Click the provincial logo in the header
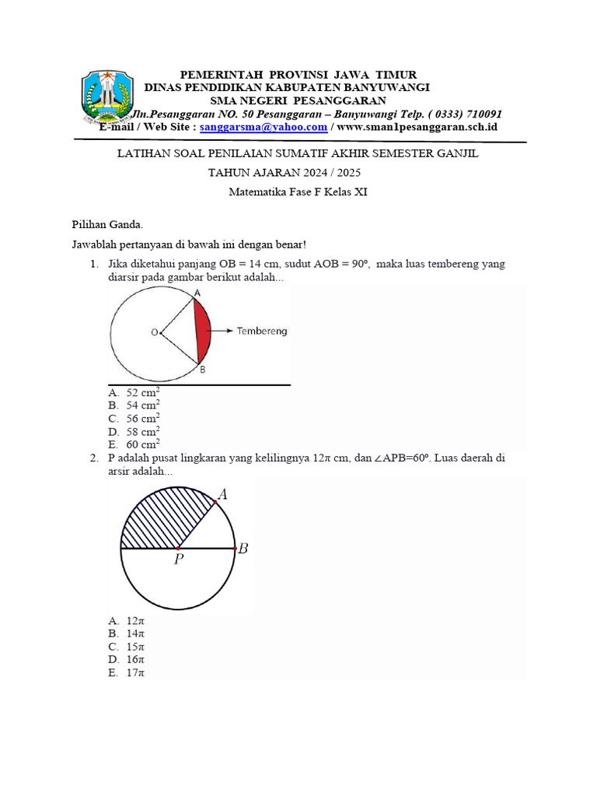(x=104, y=97)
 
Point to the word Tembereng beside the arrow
(x=262, y=331)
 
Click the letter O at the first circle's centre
(x=155, y=332)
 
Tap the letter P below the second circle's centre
(x=179, y=560)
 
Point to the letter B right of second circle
(x=243, y=549)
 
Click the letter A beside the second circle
(x=222, y=493)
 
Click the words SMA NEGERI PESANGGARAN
(x=298, y=100)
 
